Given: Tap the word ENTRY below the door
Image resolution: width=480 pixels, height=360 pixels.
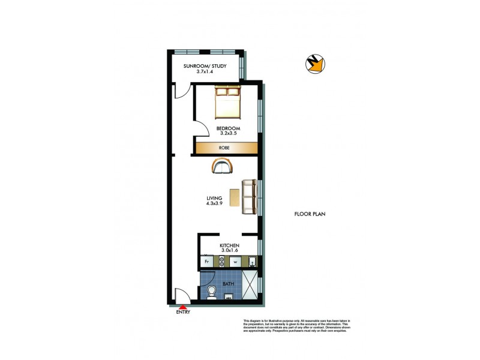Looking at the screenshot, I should click(x=183, y=312).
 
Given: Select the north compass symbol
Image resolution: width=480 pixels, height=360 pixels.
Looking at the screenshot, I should click(x=315, y=63).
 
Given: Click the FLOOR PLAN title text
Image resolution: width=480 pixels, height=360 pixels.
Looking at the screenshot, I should click(x=310, y=214).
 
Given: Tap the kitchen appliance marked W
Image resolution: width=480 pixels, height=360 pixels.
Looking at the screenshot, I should click(x=236, y=262).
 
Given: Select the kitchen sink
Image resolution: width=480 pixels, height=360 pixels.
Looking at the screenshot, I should click(x=252, y=262).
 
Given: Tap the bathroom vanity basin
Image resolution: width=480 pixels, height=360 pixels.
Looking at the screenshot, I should click(x=229, y=296).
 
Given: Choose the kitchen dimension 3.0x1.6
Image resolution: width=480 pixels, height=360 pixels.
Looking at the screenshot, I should click(x=230, y=251).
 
